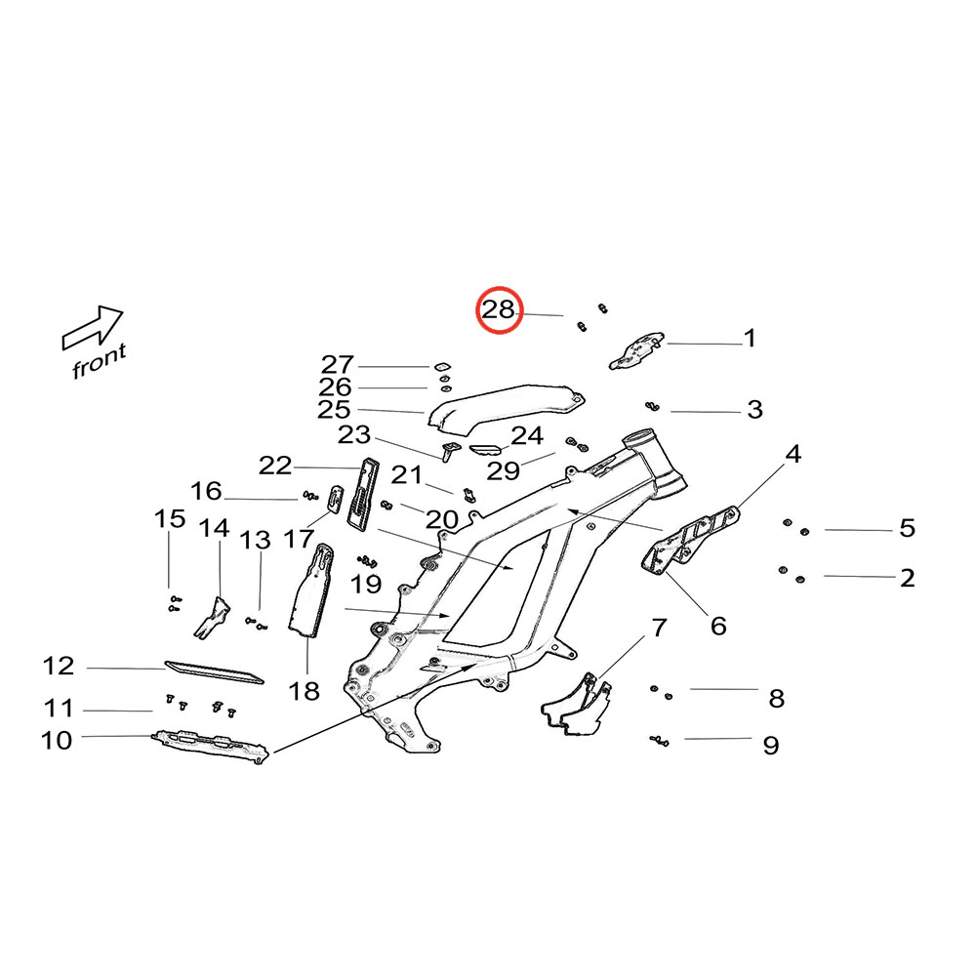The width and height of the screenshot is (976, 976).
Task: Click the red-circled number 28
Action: tap(499, 311)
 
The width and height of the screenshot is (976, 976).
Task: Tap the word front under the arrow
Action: tap(100, 361)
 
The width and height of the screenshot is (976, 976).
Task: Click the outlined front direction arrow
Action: tap(93, 327)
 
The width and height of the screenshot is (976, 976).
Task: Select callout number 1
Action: tap(750, 339)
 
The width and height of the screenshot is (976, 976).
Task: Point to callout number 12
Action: tap(59, 667)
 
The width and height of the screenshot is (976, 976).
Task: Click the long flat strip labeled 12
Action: tap(214, 671)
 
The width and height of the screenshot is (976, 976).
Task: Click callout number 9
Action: tap(771, 746)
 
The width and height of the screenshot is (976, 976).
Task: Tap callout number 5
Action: tap(907, 529)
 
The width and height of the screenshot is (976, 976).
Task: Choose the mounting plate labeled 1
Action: tap(635, 349)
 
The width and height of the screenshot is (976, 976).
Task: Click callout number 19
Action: tap(367, 585)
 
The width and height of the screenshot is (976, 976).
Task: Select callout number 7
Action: tap(659, 626)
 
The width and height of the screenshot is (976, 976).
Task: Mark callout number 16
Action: tap(206, 491)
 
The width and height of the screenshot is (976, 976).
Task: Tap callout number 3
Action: tap(754, 410)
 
